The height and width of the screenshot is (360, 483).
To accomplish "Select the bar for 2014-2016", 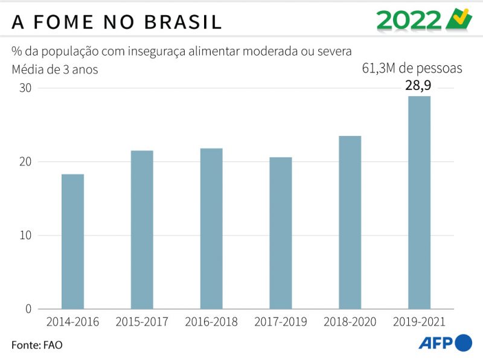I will pyautogui.click(x=72, y=242).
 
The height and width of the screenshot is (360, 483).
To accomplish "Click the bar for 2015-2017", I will pyautogui.click(x=142, y=230).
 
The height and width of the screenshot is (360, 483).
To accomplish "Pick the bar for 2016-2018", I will pyautogui.click(x=211, y=228).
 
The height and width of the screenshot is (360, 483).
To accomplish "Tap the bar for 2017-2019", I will pyautogui.click(x=281, y=233).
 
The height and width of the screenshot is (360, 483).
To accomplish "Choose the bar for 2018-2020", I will pyautogui.click(x=350, y=222).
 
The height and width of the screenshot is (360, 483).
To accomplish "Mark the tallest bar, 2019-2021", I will pyautogui.click(x=419, y=202).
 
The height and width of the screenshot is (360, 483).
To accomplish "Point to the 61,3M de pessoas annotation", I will pyautogui.click(x=412, y=68).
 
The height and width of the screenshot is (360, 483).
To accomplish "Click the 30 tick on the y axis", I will pyautogui.click(x=24, y=88).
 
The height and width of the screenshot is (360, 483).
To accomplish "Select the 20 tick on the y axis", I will pyautogui.click(x=24, y=162).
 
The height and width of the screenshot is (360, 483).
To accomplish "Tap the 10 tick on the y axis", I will pyautogui.click(x=24, y=236).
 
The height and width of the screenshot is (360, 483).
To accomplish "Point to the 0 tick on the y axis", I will pyautogui.click(x=28, y=309).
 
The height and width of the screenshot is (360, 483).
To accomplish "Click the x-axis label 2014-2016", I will pyautogui.click(x=72, y=322).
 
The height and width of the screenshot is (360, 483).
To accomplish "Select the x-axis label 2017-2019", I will pyautogui.click(x=281, y=322).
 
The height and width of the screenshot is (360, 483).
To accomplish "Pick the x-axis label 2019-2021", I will pyautogui.click(x=419, y=322).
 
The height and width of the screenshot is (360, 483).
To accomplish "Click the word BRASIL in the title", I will pyautogui.click(x=183, y=22).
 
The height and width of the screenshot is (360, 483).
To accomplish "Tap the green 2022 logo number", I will pyautogui.click(x=409, y=21).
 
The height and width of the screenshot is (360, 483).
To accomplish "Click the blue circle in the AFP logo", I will pyautogui.click(x=463, y=342).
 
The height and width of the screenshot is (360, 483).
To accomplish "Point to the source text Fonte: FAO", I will pyautogui.click(x=37, y=345).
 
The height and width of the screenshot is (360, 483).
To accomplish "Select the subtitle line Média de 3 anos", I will pyautogui.click(x=55, y=69).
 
